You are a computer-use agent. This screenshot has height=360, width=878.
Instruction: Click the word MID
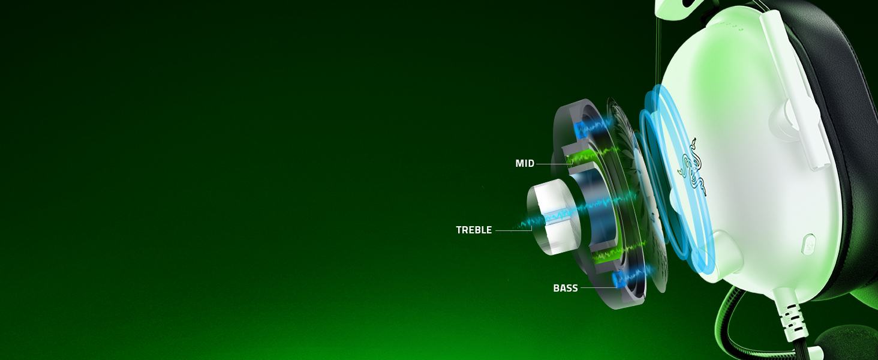pyautogui.click(x=525, y=164)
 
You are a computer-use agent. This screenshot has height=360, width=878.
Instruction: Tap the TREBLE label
pyautogui.click(x=474, y=230)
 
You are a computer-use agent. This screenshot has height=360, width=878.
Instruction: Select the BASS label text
pyautogui.click(x=566, y=288)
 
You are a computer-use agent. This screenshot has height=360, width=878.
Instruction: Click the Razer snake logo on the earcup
pyautogui.click(x=692, y=168)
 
